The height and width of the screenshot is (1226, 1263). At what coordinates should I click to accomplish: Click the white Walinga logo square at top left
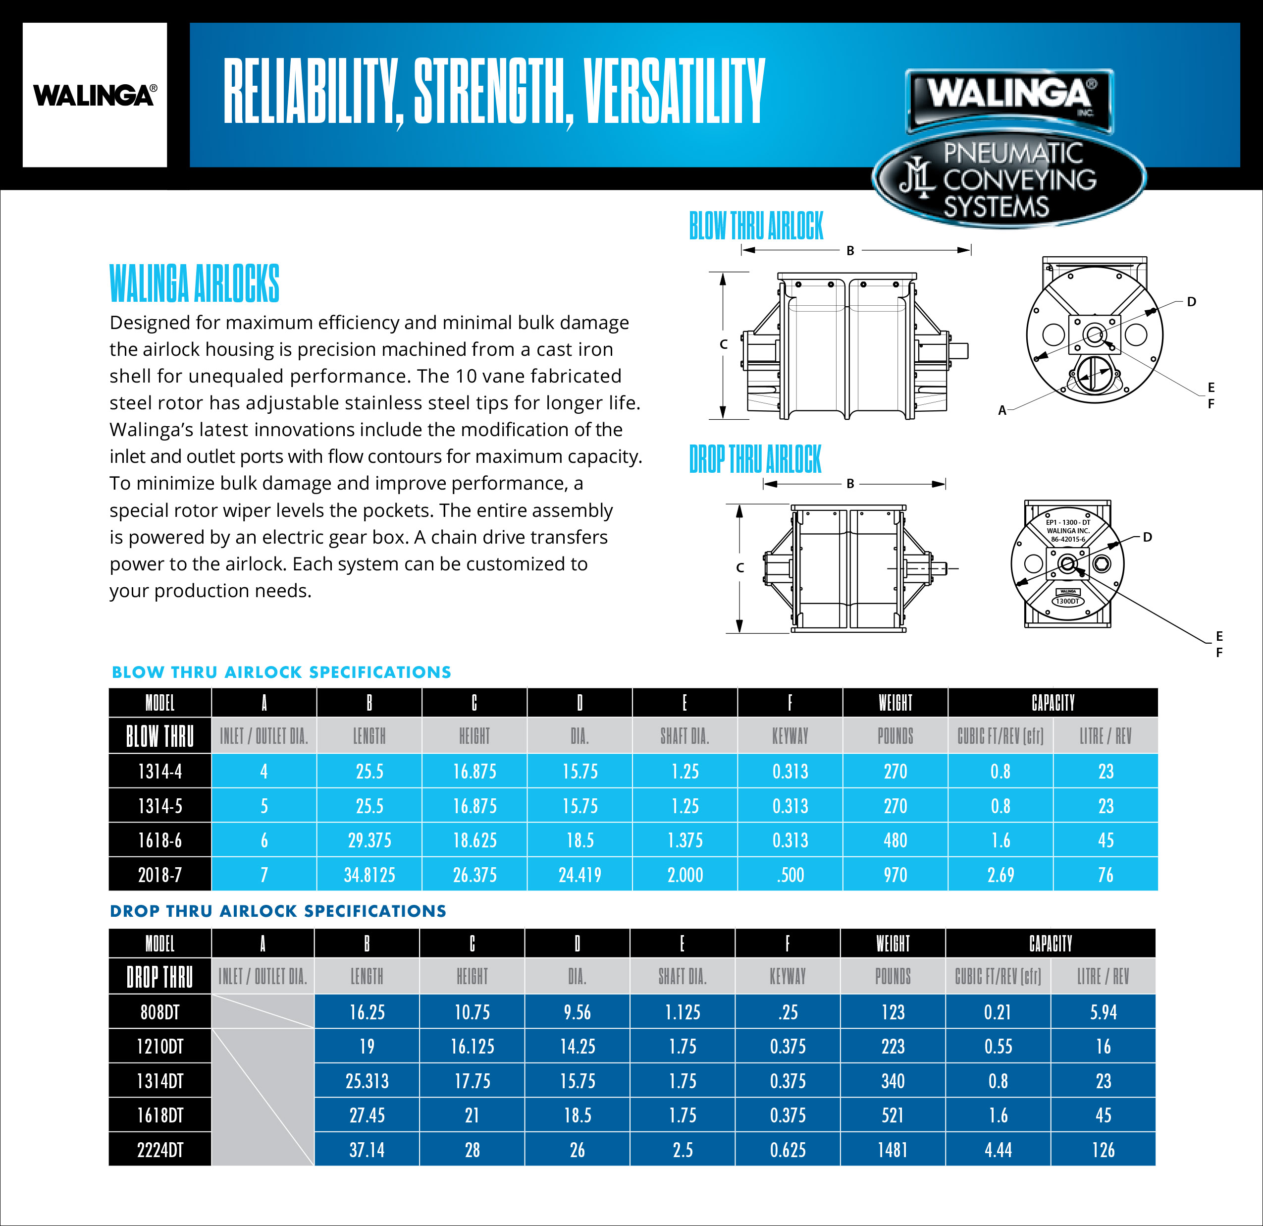[x=95, y=95]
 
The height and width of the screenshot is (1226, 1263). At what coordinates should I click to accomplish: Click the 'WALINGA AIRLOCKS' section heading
[x=195, y=283]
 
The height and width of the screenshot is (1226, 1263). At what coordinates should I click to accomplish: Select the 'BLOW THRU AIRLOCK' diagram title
[x=756, y=225]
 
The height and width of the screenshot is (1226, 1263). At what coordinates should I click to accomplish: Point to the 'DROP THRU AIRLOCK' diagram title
[x=755, y=459]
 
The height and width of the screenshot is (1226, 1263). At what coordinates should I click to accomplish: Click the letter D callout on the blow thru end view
[x=1192, y=302]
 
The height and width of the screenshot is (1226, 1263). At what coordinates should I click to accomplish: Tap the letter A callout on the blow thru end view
[x=1002, y=410]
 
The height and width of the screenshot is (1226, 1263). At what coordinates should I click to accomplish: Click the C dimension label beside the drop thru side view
[x=740, y=568]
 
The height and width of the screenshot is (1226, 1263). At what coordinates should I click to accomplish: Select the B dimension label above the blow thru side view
[x=850, y=251]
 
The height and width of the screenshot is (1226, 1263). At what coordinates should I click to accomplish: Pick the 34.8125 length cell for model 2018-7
[x=369, y=875]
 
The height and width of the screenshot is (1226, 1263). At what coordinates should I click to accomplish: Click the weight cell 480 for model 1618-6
[x=895, y=840]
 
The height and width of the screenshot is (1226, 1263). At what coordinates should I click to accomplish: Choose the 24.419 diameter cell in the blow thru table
[x=580, y=875]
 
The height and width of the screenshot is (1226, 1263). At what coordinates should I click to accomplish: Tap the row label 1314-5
[x=160, y=806]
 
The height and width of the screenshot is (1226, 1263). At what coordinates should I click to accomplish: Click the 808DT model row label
[x=160, y=1012]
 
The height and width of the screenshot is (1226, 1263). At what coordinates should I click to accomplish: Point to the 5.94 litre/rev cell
[x=1103, y=1012]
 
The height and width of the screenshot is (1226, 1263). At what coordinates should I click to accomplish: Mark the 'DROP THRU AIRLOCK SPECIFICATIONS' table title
[x=278, y=911]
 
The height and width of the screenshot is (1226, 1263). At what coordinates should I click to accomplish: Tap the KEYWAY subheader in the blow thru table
[x=790, y=736]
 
